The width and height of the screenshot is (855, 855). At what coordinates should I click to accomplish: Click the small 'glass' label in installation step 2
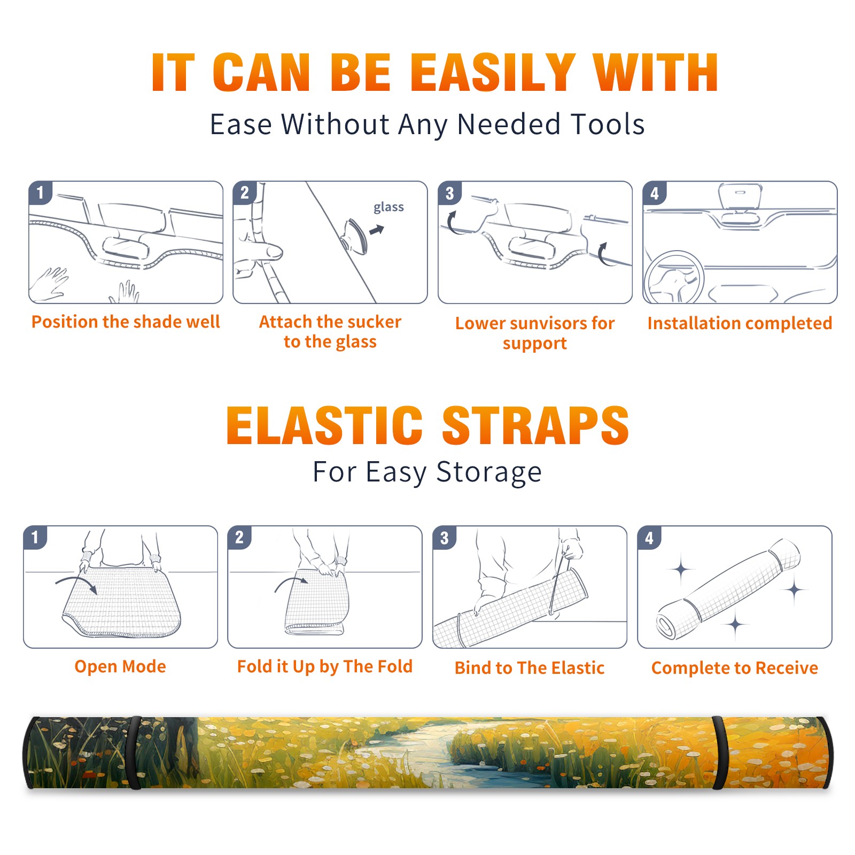(x=388, y=207)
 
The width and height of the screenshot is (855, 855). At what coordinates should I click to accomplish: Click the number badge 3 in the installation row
(x=449, y=193)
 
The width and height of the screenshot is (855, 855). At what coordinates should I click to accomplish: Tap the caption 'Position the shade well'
(x=126, y=322)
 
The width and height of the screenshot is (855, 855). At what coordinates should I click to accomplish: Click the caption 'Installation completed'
(x=740, y=323)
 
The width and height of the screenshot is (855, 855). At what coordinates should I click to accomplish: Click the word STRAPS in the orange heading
(x=535, y=425)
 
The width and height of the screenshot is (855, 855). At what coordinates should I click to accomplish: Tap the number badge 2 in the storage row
(x=239, y=537)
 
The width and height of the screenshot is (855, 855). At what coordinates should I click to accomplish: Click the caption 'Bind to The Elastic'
(x=529, y=668)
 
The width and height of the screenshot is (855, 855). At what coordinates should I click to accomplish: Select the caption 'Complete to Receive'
(x=735, y=668)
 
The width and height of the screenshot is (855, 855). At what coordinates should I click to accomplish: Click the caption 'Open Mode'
(x=120, y=666)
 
